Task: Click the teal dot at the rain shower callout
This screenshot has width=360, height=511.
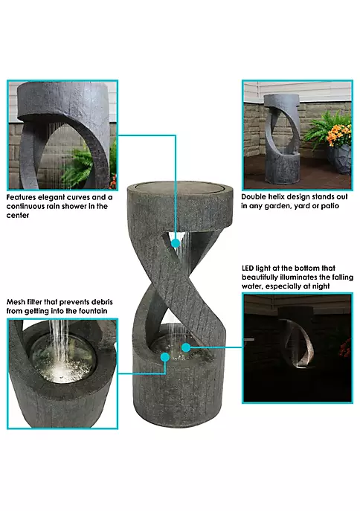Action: coord(176,243)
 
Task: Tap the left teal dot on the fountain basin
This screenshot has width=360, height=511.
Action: coord(165,357)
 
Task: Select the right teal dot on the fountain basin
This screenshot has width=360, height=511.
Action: coord(186,347)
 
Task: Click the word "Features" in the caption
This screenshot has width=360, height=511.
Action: coord(21,198)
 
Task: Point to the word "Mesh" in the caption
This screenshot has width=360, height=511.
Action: coord(15,302)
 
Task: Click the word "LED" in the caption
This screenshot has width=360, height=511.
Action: coord(248,269)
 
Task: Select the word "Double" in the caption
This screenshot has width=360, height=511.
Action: coord(254,197)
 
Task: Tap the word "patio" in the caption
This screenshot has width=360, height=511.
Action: coord(330,206)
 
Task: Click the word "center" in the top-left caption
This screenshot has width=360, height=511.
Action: coord(18,216)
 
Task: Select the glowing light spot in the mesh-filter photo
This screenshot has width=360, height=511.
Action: coord(60,370)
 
